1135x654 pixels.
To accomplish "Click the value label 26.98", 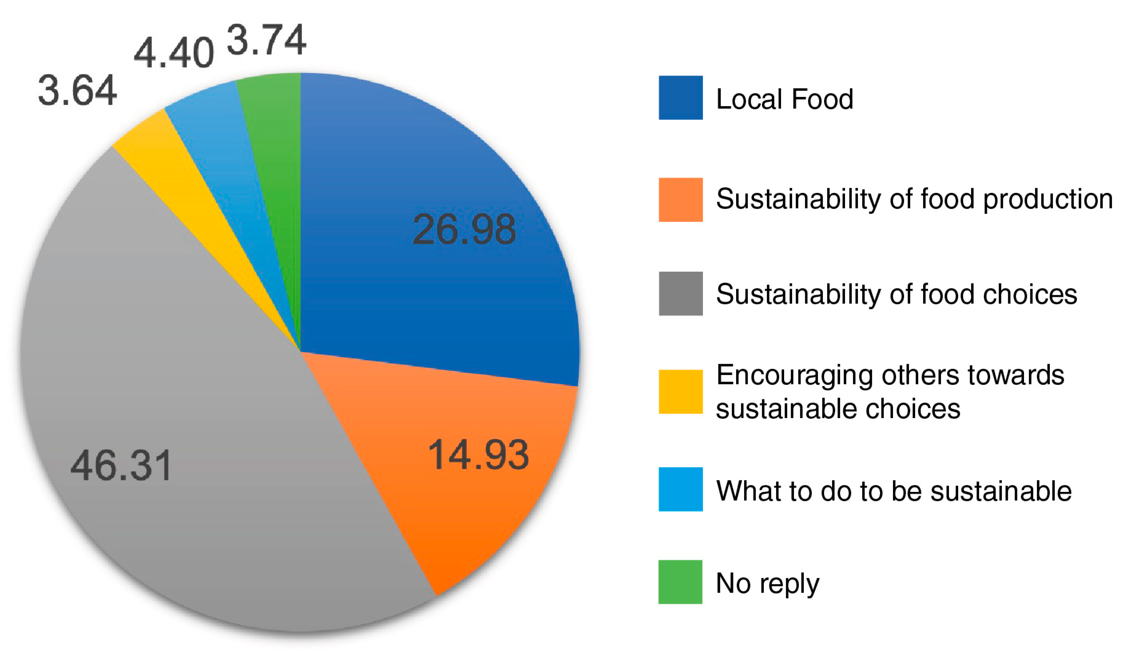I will pyautogui.click(x=464, y=230).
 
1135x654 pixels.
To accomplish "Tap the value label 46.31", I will pyautogui.click(x=121, y=466).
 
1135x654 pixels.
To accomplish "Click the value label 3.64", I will pyautogui.click(x=77, y=91).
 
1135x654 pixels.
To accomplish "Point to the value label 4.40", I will pyautogui.click(x=174, y=53).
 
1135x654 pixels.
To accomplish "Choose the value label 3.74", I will pyautogui.click(x=267, y=40).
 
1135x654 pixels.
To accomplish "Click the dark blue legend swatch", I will pyautogui.click(x=680, y=97).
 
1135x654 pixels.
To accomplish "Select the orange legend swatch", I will pyautogui.click(x=680, y=200).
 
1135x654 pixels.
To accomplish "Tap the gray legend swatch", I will pyautogui.click(x=680, y=293).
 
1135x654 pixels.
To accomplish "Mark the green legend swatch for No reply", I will pyautogui.click(x=680, y=582).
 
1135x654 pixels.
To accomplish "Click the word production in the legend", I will pyautogui.click(x=1048, y=200).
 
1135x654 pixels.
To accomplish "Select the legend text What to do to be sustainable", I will pyautogui.click(x=893, y=490).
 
